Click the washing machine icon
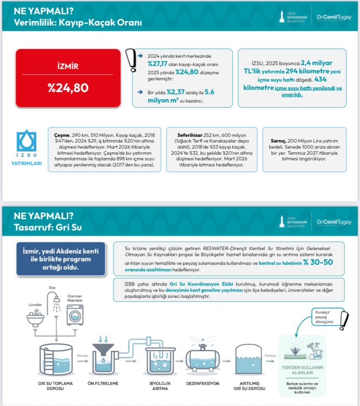coord(74,314)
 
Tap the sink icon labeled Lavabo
coord(35,319)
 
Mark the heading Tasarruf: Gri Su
coord(48,227)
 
